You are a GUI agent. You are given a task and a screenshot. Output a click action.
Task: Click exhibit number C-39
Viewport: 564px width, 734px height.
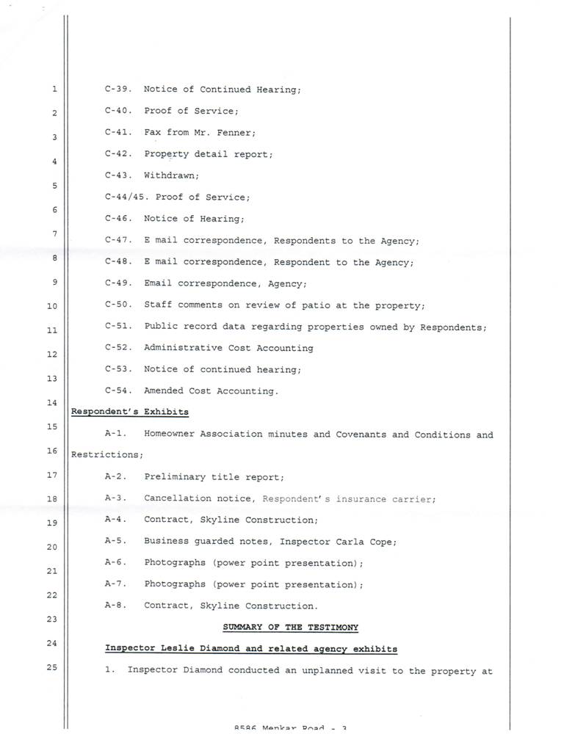pyautogui.click(x=117, y=90)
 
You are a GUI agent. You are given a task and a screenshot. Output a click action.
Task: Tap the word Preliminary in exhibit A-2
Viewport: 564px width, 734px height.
pyautogui.click(x=176, y=477)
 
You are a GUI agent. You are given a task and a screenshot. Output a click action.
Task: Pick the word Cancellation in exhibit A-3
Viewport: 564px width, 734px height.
pyautogui.click(x=178, y=499)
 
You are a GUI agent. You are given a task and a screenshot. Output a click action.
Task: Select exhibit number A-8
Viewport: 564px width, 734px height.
pyautogui.click(x=117, y=606)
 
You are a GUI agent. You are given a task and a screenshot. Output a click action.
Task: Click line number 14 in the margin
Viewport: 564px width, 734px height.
pyautogui.click(x=51, y=403)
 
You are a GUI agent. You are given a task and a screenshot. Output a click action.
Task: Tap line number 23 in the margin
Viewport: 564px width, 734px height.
pyautogui.click(x=51, y=619)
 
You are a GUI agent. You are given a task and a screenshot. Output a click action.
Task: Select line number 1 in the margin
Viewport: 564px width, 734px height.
pyautogui.click(x=54, y=90)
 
